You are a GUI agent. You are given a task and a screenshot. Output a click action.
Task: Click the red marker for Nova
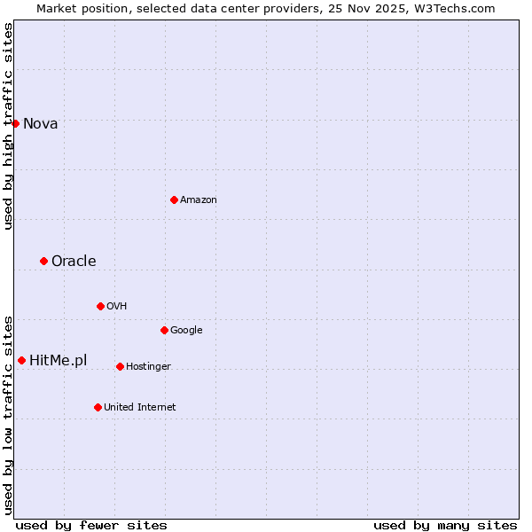click(16, 123)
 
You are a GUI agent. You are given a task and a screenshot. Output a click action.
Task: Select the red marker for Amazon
click(174, 199)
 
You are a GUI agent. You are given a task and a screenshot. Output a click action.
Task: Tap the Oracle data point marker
click(43, 261)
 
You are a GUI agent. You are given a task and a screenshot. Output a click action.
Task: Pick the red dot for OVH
click(100, 306)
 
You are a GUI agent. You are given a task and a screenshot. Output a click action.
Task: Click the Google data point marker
click(164, 330)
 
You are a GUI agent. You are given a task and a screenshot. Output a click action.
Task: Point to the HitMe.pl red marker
click(21, 360)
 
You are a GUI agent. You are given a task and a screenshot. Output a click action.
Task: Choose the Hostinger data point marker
click(120, 366)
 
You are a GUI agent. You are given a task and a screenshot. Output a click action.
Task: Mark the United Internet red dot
click(98, 407)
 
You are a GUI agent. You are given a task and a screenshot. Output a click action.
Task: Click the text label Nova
click(41, 124)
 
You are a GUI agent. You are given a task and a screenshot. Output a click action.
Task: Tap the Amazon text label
click(199, 200)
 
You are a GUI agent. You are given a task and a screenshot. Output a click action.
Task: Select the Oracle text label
click(74, 262)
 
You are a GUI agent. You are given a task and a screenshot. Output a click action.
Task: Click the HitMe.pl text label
click(59, 361)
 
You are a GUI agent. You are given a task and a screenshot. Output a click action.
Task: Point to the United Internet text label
click(140, 408)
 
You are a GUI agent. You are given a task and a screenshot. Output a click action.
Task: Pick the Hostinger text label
click(148, 367)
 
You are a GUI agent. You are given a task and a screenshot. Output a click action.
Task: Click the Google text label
click(186, 331)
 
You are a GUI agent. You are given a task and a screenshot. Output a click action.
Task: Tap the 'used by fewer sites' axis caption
click(91, 526)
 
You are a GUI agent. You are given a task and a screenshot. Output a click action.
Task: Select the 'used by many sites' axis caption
click(445, 526)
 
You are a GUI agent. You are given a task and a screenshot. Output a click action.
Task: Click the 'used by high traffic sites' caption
click(8, 126)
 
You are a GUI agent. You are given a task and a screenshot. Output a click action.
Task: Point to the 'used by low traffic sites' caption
click(8, 414)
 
